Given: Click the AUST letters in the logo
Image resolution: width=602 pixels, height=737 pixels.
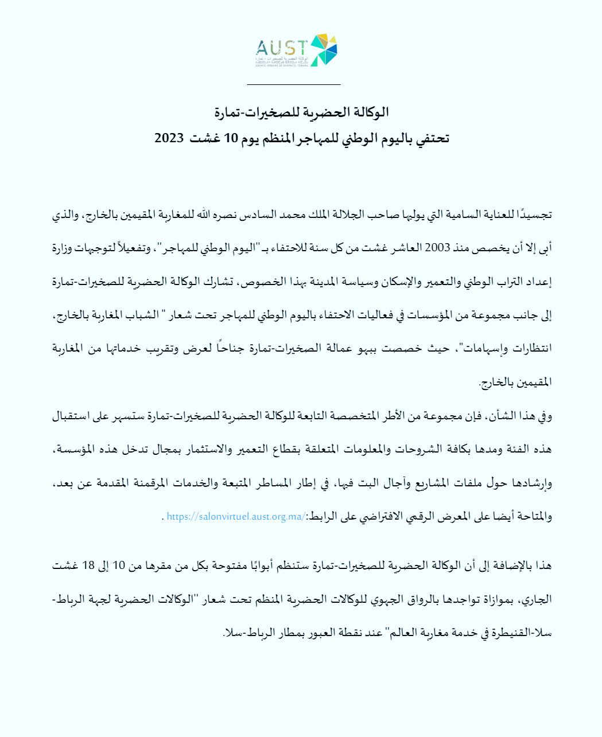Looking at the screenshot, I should [x=282, y=46].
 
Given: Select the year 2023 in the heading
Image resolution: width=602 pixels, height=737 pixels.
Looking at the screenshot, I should [x=169, y=139].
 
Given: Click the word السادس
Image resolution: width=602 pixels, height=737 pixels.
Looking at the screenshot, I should [x=273, y=215].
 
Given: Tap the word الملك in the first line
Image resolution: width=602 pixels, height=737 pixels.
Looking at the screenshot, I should [x=339, y=215].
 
